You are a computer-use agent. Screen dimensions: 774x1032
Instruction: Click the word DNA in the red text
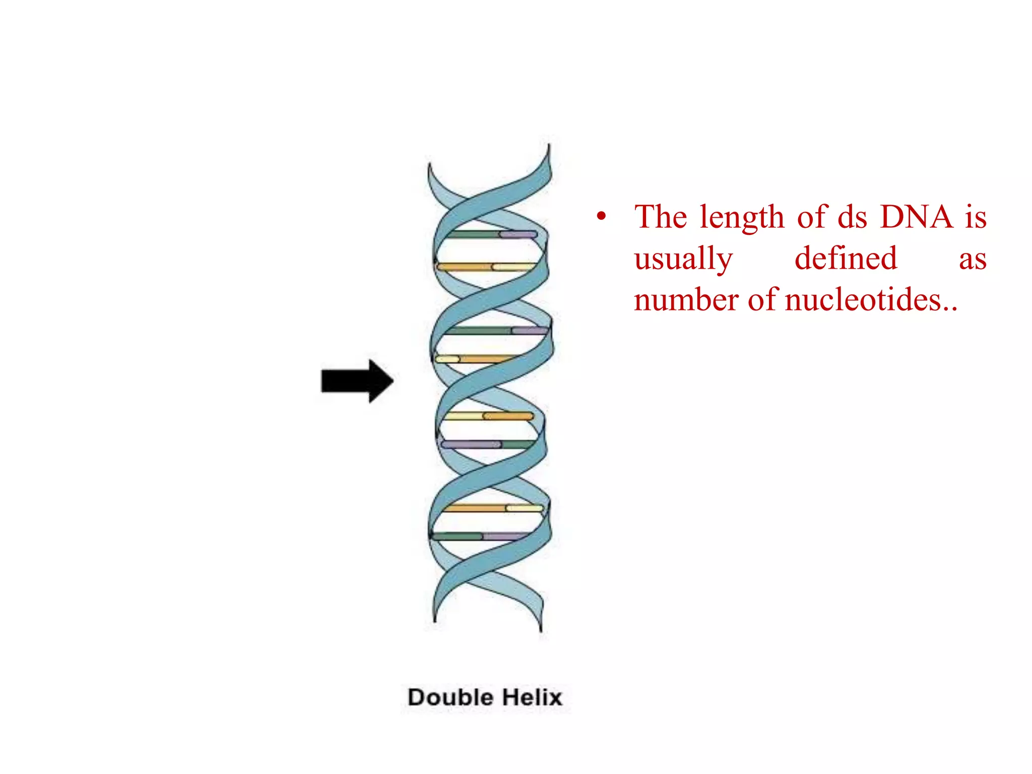(x=917, y=218)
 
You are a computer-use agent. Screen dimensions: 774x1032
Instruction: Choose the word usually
(x=683, y=260)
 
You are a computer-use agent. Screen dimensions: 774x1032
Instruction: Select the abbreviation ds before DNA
(x=852, y=218)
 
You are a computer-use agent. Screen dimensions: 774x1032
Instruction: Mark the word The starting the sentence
(x=660, y=218)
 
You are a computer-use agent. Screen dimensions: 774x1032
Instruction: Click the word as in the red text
(x=972, y=260)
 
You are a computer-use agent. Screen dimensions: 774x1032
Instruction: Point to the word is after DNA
(x=976, y=218)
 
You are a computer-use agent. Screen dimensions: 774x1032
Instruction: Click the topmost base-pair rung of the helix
(x=492, y=235)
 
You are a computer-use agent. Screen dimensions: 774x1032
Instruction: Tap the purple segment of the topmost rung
(x=518, y=235)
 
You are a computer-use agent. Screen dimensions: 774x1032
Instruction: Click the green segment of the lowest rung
(x=457, y=536)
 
